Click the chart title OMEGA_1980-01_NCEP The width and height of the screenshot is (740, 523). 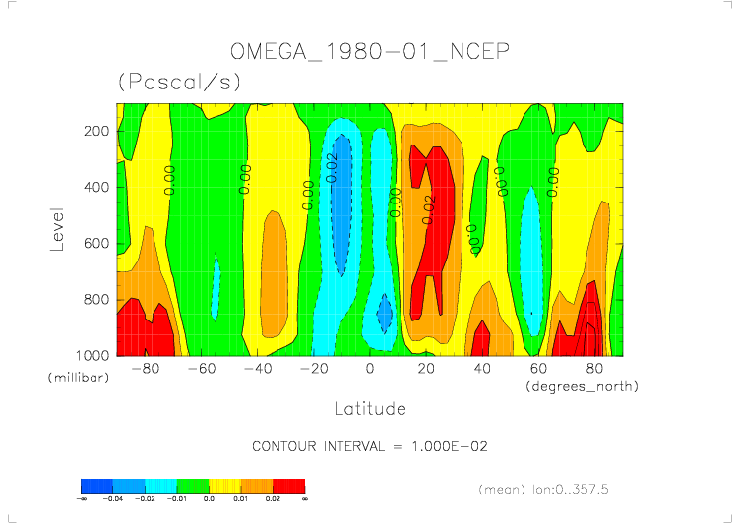pyautogui.click(x=369, y=50)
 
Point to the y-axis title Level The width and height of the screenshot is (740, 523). pyautogui.click(x=57, y=227)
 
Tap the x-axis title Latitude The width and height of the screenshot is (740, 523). pyautogui.click(x=369, y=407)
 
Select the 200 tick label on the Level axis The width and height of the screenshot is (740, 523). pyautogui.click(x=95, y=132)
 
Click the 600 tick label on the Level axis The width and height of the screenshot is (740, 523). pyautogui.click(x=95, y=244)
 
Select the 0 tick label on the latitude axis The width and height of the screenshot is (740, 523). pyautogui.click(x=370, y=369)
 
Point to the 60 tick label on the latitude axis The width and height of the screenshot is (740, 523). pyautogui.click(x=538, y=369)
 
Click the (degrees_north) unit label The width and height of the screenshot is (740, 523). pyautogui.click(x=583, y=387)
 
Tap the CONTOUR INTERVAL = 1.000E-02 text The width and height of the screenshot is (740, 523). pyautogui.click(x=370, y=446)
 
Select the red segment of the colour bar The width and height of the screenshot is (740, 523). pyautogui.click(x=289, y=486)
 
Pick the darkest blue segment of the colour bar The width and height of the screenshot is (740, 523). pyautogui.click(x=96, y=486)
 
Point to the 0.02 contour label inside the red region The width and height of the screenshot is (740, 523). pyautogui.click(x=428, y=209)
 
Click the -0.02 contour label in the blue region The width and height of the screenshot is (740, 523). pyautogui.click(x=332, y=166)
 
